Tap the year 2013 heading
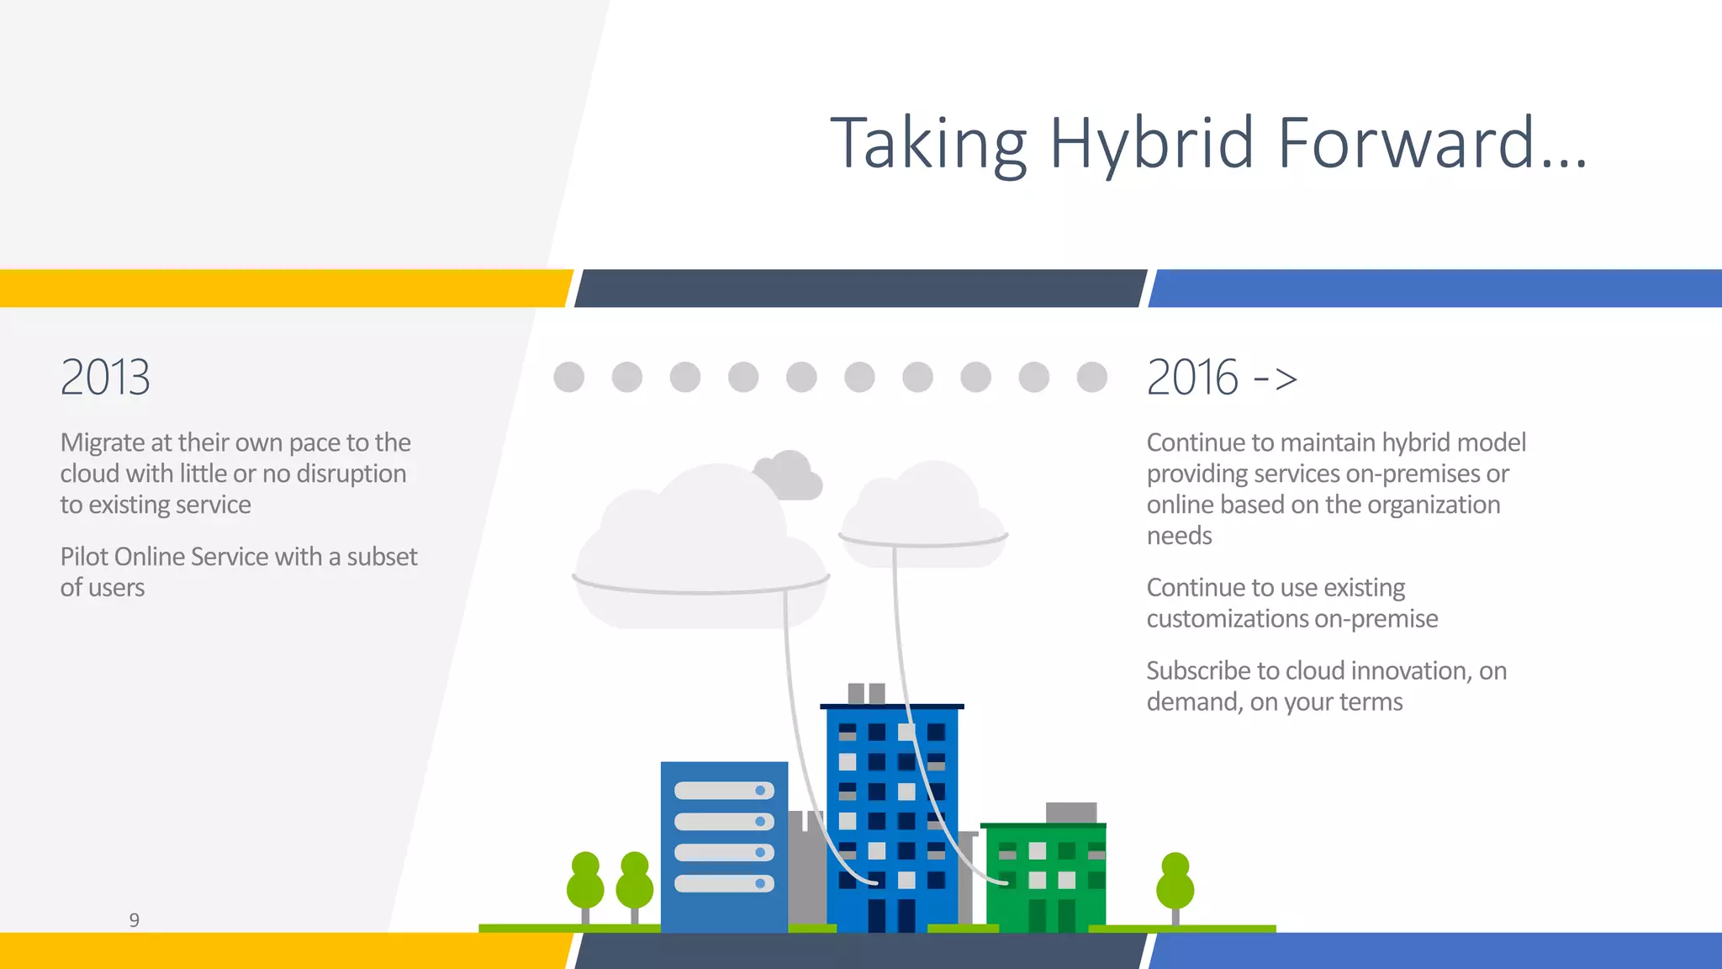(x=105, y=377)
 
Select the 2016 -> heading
(x=1221, y=377)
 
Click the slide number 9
(x=134, y=919)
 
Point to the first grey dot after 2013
(x=569, y=377)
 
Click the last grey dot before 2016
(x=1091, y=377)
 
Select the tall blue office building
(x=891, y=816)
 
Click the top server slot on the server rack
(x=724, y=791)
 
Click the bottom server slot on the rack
(x=724, y=883)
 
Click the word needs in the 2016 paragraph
(x=1179, y=536)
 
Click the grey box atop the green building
(x=1071, y=812)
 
